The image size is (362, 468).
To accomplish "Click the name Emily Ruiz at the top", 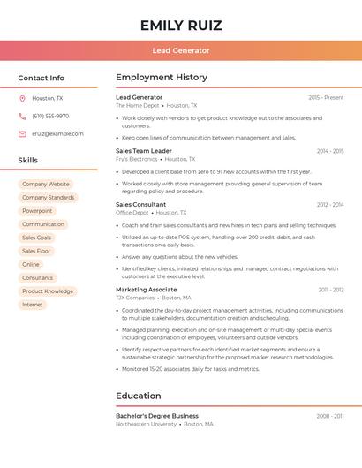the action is [181, 26].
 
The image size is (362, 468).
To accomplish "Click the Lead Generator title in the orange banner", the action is [181, 50].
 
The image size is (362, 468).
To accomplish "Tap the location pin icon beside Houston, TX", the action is [22, 98].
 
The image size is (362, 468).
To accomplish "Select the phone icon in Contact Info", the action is [22, 116].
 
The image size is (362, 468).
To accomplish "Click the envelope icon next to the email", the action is [22, 133].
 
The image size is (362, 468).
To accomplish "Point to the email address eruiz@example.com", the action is [57, 133].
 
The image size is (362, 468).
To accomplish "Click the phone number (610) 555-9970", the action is [50, 116].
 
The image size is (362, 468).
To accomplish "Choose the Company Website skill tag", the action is [46, 184].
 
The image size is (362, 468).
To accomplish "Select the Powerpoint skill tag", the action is [37, 211].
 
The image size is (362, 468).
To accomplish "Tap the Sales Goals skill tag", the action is [37, 238].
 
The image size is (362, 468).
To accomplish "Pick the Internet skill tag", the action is [33, 305].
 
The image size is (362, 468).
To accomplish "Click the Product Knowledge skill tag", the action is [48, 291].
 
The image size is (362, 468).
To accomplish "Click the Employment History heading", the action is [162, 78].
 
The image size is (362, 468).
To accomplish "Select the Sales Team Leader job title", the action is [144, 151].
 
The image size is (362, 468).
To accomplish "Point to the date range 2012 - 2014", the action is [330, 204].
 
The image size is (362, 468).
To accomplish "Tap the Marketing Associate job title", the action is [146, 289].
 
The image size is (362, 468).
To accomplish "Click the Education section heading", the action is [139, 396].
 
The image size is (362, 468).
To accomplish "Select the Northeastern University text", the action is [146, 424].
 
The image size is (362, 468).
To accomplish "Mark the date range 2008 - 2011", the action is [330, 415].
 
